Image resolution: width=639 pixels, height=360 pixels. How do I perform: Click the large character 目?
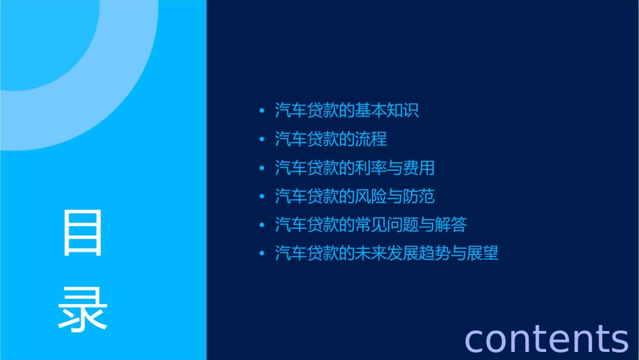pos(83,233)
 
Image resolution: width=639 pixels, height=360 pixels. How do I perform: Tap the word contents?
pos(546,338)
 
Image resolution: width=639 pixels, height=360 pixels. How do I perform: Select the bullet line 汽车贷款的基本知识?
pos(346,110)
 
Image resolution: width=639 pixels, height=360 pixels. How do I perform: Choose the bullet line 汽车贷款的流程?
pos(330,139)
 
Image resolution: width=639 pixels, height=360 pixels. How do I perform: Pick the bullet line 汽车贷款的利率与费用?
pos(354,168)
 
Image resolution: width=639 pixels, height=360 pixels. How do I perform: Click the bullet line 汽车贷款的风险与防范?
pos(354,196)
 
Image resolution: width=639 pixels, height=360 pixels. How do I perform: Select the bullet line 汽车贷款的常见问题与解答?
pos(371,225)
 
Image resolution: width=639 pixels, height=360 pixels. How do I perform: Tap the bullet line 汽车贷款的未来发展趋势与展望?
pos(387,254)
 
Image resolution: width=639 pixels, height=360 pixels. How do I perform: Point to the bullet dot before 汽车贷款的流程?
pos(262,140)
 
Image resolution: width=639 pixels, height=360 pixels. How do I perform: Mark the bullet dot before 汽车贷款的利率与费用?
pos(262,168)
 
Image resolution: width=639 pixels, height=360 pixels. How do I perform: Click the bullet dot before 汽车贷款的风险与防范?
pos(262,197)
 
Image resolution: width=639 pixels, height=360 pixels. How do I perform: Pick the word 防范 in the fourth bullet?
pos(419,196)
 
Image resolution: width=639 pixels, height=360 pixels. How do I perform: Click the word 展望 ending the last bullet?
pos(483,254)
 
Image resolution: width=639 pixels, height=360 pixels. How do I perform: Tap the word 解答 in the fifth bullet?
pos(451,225)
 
